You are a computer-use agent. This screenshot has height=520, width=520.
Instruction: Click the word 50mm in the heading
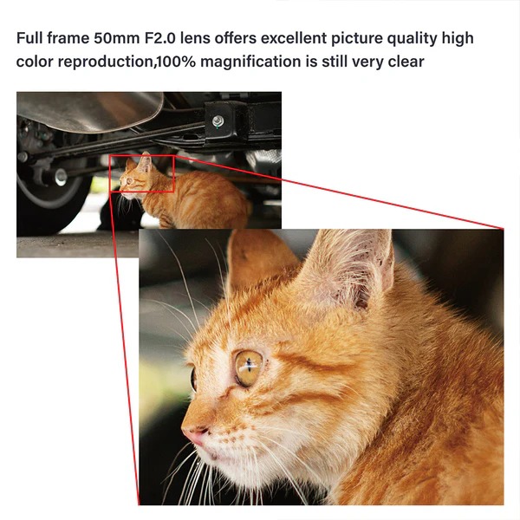point(116,38)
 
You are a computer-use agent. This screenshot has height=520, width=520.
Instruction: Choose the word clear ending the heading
point(406,62)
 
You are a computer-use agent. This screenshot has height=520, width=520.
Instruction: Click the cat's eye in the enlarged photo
point(248,368)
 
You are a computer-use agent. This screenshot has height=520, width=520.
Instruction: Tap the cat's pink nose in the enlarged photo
point(195,435)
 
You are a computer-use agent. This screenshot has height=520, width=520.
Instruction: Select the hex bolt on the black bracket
point(218,120)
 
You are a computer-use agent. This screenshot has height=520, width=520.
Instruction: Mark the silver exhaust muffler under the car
point(89,111)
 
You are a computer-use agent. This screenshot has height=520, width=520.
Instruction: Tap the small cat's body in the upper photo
point(199,199)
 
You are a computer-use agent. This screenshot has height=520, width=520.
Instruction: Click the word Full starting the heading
point(29,38)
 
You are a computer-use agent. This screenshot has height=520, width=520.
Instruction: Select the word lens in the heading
point(195,38)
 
